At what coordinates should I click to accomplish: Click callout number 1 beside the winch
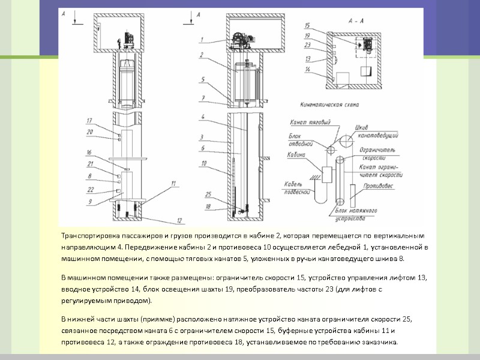click(203, 40)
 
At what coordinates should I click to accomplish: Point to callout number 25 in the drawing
click(208, 194)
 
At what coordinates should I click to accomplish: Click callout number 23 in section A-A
click(307, 44)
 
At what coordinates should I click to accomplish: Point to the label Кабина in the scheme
click(296, 154)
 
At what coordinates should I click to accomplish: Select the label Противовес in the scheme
click(377, 186)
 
